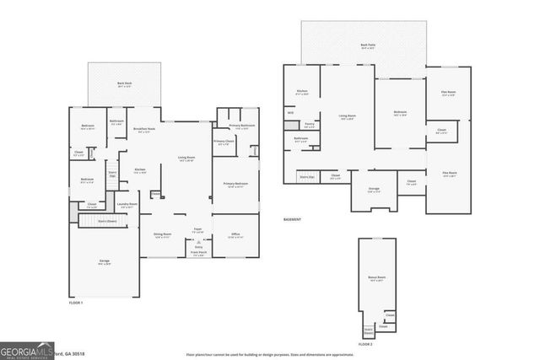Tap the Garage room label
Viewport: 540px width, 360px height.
pyautogui.click(x=104, y=261)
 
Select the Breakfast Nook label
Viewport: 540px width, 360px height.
pyautogui.click(x=144, y=129)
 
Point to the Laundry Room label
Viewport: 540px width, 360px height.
pyautogui.click(x=127, y=204)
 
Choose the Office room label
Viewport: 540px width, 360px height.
pyautogui.click(x=235, y=235)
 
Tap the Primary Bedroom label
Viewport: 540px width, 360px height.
pyautogui.click(x=235, y=184)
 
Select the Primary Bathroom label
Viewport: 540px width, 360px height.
pyautogui.click(x=241, y=126)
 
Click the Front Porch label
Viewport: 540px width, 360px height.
pyautogui.click(x=198, y=252)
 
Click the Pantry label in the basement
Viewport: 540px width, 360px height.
pyautogui.click(x=310, y=125)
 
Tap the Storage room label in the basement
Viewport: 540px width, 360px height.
pyautogui.click(x=374, y=190)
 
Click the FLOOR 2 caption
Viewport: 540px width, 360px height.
pyautogui.click(x=364, y=344)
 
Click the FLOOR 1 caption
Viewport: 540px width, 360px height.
pyautogui.click(x=77, y=302)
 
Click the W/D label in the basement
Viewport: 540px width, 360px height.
pyautogui.click(x=290, y=112)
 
